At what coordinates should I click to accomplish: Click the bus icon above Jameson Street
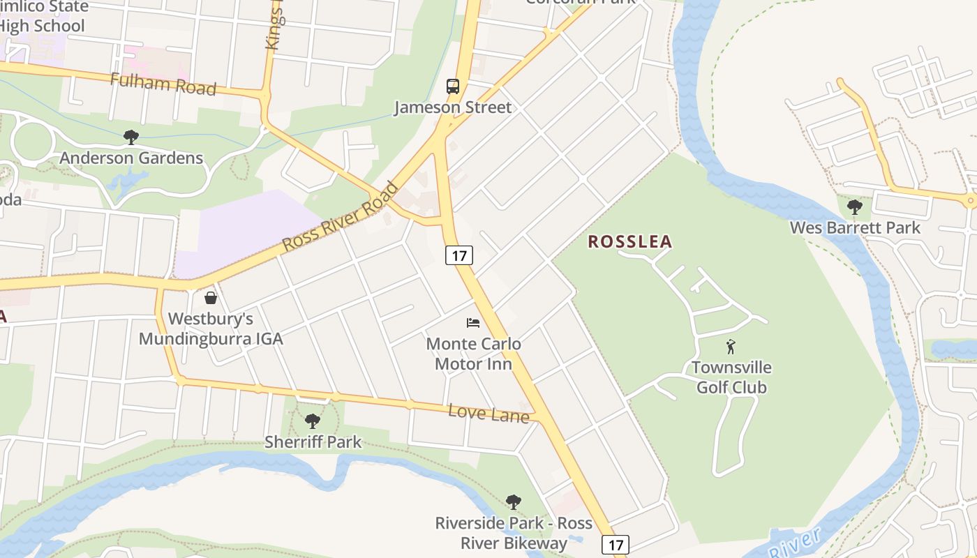453,86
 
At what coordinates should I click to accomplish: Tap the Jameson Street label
453,107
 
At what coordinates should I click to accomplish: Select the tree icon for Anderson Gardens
130,137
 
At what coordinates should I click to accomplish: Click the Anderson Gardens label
131,158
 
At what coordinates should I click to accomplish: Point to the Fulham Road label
163,84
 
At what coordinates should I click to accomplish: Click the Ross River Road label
341,217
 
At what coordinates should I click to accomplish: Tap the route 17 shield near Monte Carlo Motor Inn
458,255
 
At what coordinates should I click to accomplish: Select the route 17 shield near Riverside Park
615,544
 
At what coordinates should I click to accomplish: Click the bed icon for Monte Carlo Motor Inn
473,322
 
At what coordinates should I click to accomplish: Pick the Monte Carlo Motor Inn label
473,354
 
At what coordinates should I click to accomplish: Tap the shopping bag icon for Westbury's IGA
210,298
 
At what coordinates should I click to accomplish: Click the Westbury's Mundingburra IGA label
211,329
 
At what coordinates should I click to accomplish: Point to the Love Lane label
488,413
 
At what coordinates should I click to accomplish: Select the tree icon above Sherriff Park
313,421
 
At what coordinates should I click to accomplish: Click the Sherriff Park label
313,442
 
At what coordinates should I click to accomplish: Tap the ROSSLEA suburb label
630,242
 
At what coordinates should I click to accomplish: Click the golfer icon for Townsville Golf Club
731,346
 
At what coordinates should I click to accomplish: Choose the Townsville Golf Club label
731,377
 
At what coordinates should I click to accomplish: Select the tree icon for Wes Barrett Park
854,206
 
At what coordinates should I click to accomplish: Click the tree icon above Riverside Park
514,502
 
